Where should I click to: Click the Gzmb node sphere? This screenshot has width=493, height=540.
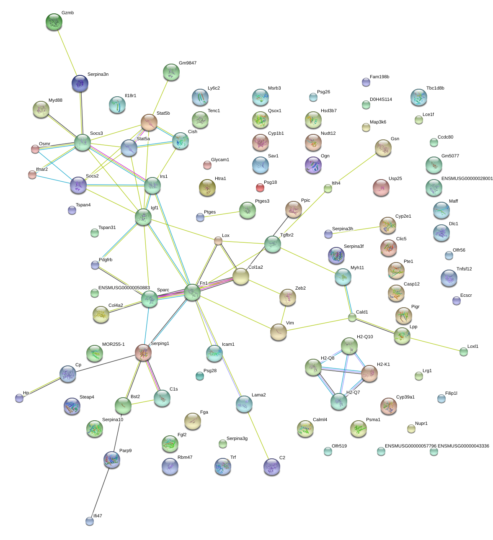(54, 22)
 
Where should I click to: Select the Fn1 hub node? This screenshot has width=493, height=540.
(192, 292)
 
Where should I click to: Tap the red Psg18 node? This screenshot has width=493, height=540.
(260, 188)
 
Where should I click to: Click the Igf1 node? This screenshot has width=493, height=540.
(143, 217)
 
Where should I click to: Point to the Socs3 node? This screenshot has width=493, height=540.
(83, 143)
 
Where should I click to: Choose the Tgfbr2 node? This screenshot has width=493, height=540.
(273, 244)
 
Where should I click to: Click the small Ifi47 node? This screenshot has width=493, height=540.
(90, 521)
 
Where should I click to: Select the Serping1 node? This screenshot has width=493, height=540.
(143, 353)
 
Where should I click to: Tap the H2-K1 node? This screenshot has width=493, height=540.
(369, 373)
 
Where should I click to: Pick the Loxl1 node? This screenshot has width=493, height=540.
(463, 352)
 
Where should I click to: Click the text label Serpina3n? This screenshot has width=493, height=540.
(98, 75)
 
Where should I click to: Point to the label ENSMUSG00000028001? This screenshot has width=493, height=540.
(467, 179)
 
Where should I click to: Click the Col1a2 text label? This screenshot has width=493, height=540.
(256, 267)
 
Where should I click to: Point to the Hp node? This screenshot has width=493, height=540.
(19, 398)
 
